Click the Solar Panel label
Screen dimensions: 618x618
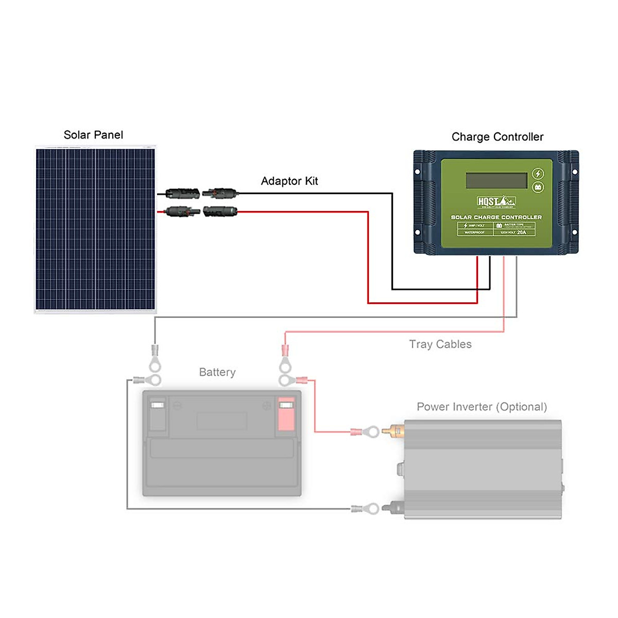93,135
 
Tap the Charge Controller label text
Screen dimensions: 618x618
497,137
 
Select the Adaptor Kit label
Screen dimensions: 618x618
289,181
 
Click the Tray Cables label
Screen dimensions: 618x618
440,344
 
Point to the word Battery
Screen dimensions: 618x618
217,372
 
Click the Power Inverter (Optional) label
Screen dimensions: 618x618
482,407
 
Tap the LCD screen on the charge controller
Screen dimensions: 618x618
496,180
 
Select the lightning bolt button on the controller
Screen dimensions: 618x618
538,174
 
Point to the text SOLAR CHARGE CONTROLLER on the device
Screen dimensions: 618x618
496,217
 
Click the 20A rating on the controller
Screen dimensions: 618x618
522,232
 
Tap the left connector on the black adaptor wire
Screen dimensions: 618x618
182,194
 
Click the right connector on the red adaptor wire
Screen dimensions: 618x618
220,211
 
